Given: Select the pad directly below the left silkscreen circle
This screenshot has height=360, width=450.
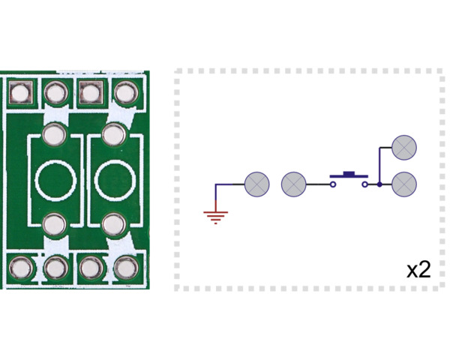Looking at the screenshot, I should point(54,223).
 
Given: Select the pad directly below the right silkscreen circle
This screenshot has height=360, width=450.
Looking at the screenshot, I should point(114,223).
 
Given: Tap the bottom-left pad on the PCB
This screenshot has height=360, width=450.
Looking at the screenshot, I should point(19,266).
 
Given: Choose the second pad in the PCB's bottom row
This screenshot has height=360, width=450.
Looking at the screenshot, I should point(55,266).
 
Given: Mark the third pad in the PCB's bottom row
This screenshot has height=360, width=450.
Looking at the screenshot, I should point(90,266).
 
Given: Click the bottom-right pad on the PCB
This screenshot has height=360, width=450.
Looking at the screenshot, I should point(124,266).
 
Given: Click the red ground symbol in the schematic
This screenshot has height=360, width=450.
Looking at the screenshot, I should point(216,217).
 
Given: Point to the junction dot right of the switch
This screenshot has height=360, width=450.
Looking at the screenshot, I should point(379,184).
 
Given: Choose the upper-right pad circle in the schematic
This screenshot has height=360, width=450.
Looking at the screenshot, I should point(405,147).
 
